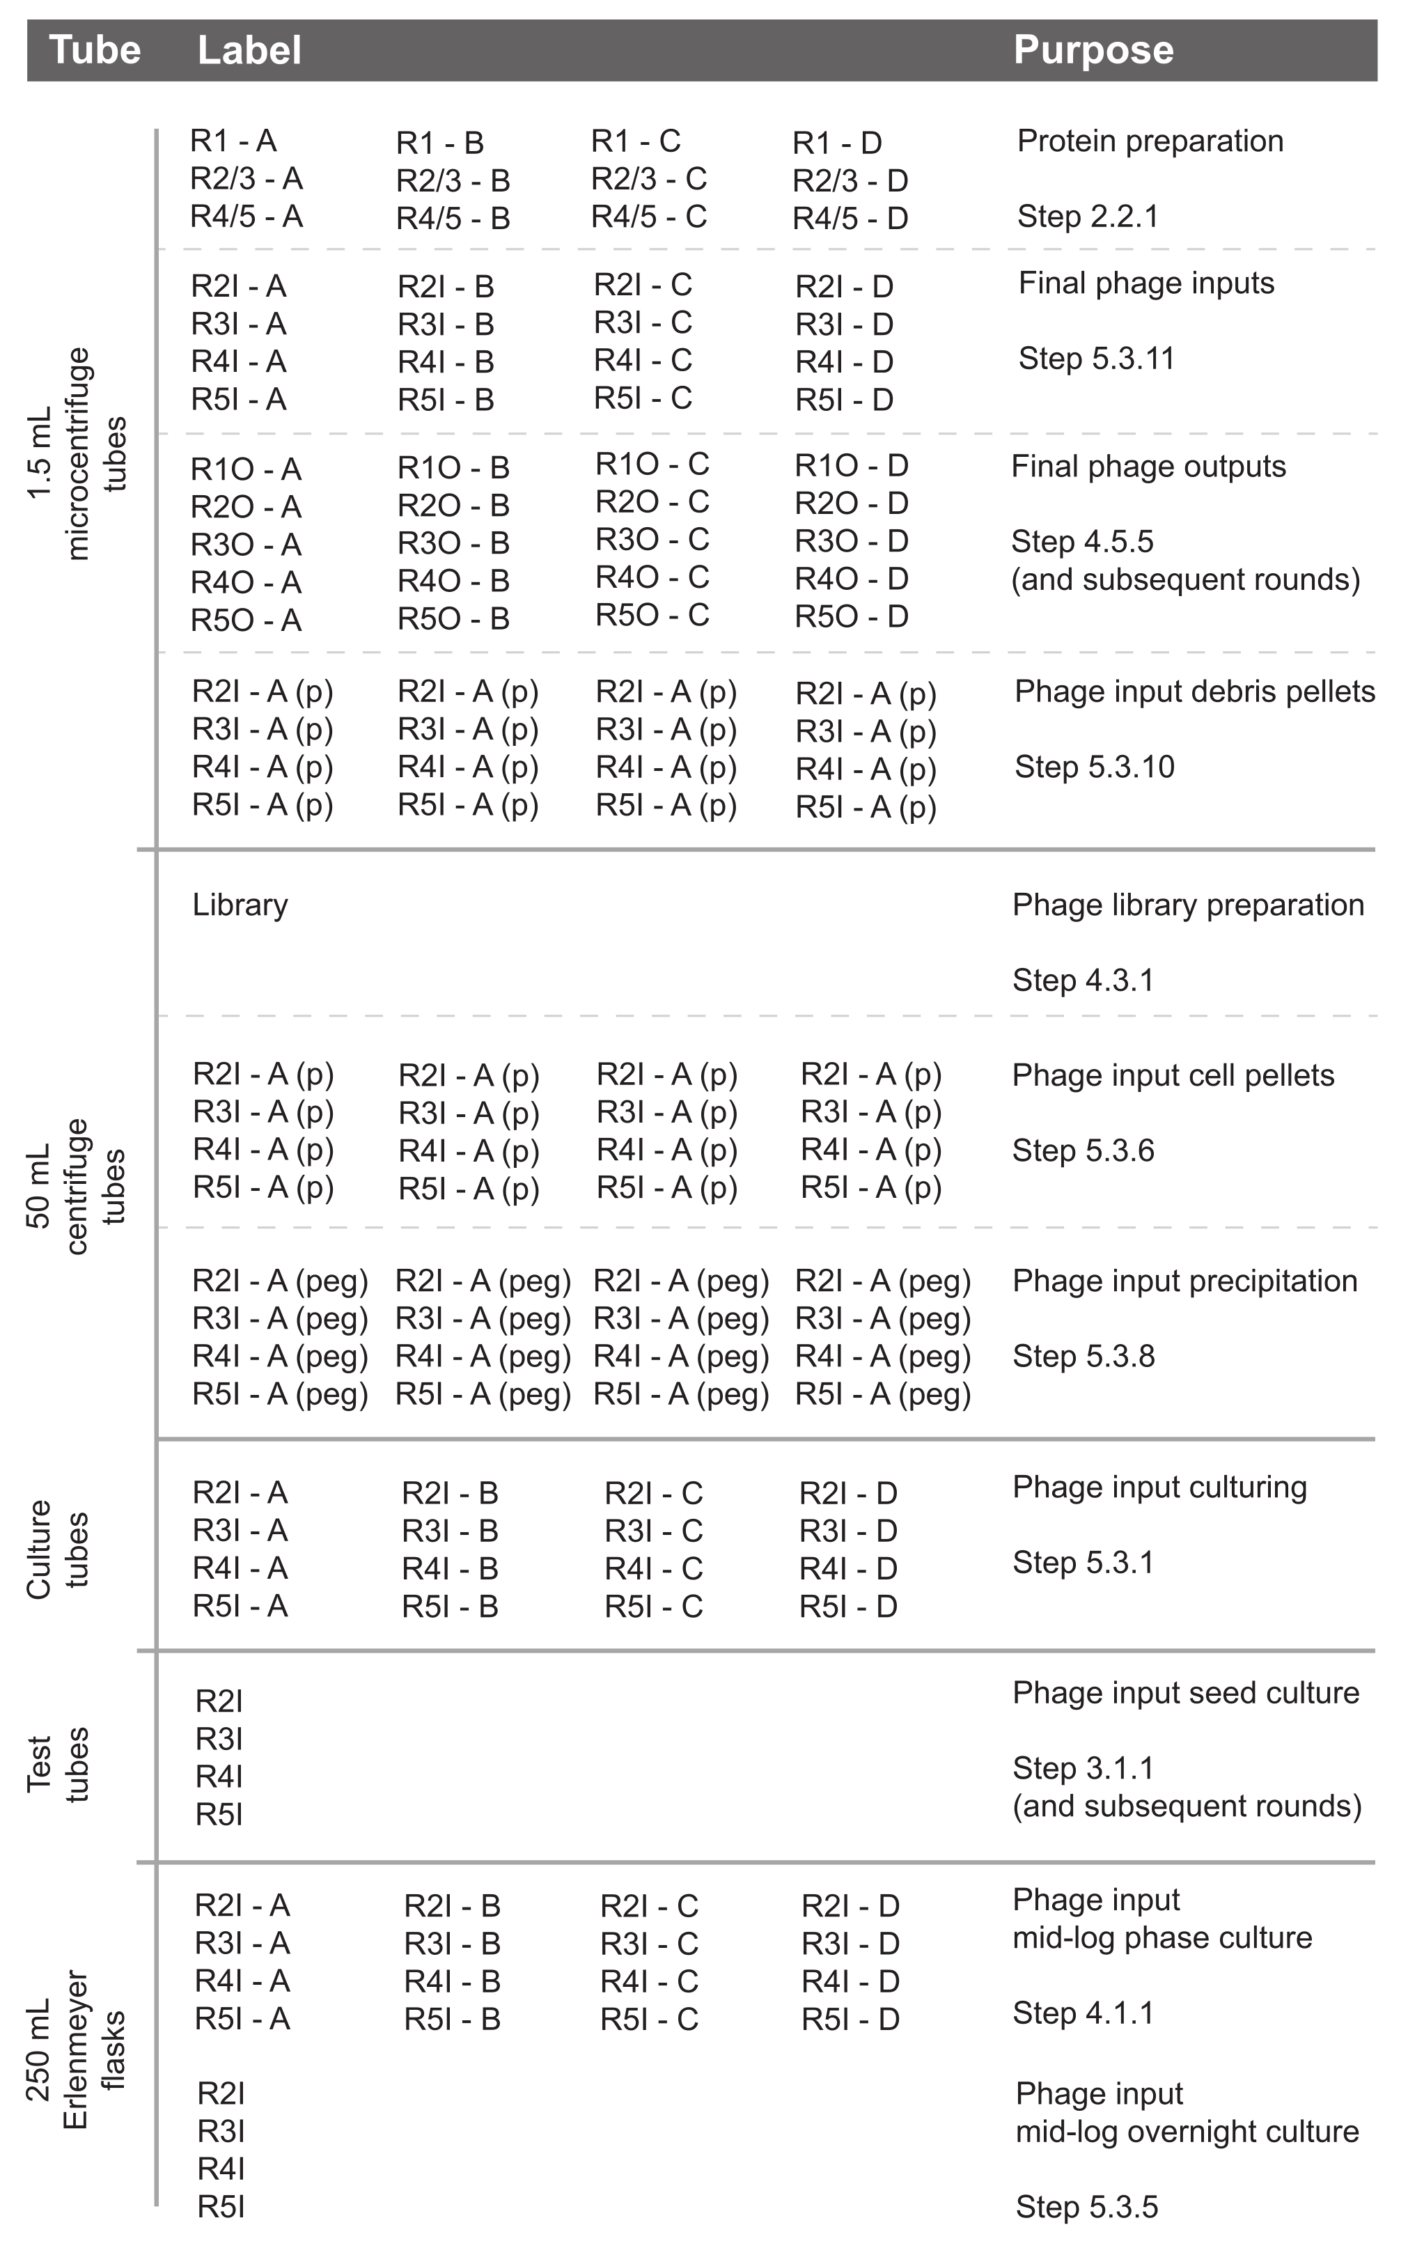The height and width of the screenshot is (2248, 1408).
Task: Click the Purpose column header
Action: click(1093, 50)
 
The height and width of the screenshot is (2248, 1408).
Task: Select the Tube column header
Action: click(94, 50)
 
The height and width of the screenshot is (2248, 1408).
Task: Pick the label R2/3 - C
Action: click(648, 179)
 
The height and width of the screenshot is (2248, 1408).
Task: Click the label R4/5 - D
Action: click(850, 219)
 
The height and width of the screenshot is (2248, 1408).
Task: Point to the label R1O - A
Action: click(245, 469)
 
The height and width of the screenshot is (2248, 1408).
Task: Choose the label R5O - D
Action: click(850, 616)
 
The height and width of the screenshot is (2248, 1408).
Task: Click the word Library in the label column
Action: click(240, 905)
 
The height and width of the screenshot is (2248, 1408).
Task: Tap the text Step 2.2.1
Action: click(1087, 217)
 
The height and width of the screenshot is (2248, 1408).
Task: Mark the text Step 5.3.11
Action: click(1096, 359)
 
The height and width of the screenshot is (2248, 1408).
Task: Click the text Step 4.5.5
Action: click(1082, 542)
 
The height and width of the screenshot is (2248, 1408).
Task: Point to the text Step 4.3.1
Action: click(1082, 981)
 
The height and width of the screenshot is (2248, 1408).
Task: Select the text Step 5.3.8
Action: click(1083, 1357)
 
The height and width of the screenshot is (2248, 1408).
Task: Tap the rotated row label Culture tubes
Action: click(57, 1550)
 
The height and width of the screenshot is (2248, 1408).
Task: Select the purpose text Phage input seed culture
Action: click(1185, 1693)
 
